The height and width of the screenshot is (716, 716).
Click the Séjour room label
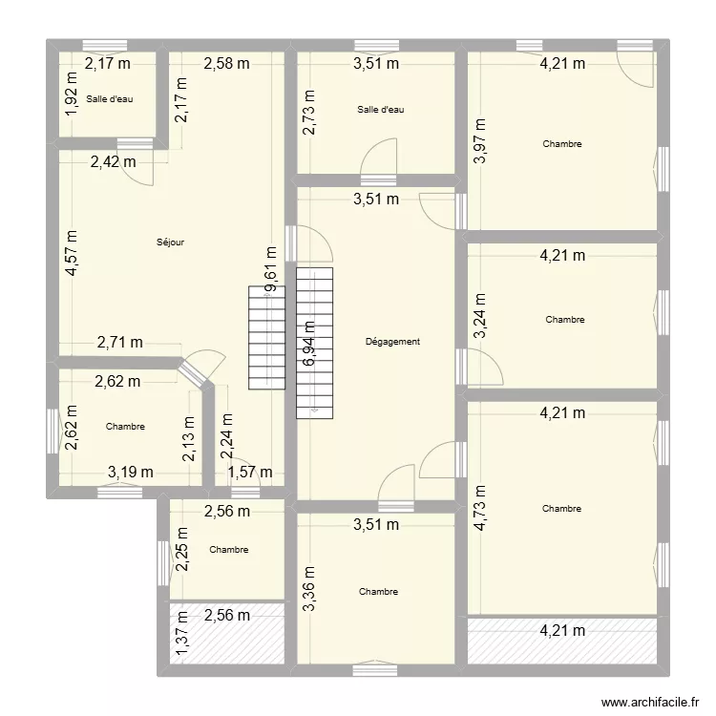point(170,242)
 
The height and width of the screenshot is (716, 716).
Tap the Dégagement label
point(392,342)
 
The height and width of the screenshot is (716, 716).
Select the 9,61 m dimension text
point(271,269)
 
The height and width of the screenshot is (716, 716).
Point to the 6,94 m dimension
point(309,344)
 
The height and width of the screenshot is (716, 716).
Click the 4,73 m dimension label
point(480,508)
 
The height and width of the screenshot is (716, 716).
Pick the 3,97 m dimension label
point(480,140)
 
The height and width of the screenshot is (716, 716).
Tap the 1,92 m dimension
point(72,95)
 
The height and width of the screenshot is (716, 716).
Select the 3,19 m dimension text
point(131,472)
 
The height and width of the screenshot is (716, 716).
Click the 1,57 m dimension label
point(250,472)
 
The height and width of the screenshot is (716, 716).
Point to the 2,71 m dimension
point(120,342)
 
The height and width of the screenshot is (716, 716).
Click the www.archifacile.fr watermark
point(650,702)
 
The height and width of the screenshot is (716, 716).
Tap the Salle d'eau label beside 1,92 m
point(110,99)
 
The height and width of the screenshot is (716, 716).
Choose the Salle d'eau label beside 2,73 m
point(381,110)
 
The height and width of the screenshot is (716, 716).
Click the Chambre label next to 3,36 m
point(379,592)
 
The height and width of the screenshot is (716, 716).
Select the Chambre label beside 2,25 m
point(229,550)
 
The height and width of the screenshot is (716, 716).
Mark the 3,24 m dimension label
point(480,315)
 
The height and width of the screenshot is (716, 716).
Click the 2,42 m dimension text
point(114,161)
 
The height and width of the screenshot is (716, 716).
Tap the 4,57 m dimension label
point(72,253)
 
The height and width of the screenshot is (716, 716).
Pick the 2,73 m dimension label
point(309,112)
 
